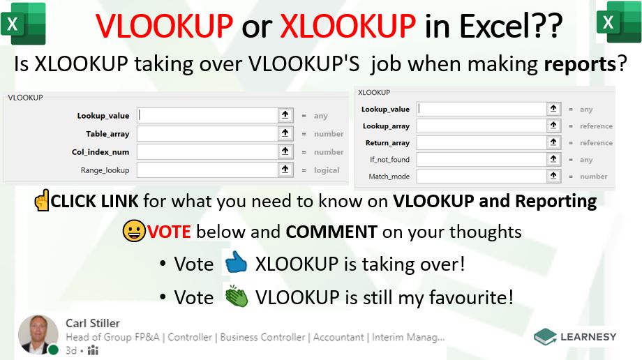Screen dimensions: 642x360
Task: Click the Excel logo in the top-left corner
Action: pyautogui.click(x=23, y=23)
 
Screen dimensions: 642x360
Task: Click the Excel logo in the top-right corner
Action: pyautogui.click(x=619, y=22)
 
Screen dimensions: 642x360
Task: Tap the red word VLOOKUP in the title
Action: pyautogui.click(x=164, y=27)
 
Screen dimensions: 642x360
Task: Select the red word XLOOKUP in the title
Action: pyautogui.click(x=348, y=27)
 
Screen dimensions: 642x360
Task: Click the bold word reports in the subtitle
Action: pyautogui.click(x=580, y=64)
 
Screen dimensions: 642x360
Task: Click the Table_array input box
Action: pyautogui.click(x=207, y=133)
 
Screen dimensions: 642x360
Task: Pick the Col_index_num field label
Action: pyautogui.click(x=100, y=152)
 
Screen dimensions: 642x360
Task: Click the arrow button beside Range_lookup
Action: pyautogui.click(x=285, y=170)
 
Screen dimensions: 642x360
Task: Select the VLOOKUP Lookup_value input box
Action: pyautogui.click(x=207, y=115)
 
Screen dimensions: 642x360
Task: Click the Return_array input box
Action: pyautogui.click(x=481, y=142)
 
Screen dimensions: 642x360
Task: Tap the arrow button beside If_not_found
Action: pyautogui.click(x=553, y=159)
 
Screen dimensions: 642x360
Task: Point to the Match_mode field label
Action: pyautogui.click(x=389, y=177)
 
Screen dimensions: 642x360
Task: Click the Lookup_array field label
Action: pyautogui.click(x=386, y=126)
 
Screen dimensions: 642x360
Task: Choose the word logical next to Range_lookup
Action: pyautogui.click(x=327, y=170)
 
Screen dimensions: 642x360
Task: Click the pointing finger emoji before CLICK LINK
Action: pyautogui.click(x=42, y=200)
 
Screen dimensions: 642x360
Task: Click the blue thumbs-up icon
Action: pyautogui.click(x=236, y=262)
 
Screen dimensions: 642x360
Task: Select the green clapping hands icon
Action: pyautogui.click(x=237, y=296)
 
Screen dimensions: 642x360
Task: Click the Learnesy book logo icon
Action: pyautogui.click(x=545, y=337)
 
